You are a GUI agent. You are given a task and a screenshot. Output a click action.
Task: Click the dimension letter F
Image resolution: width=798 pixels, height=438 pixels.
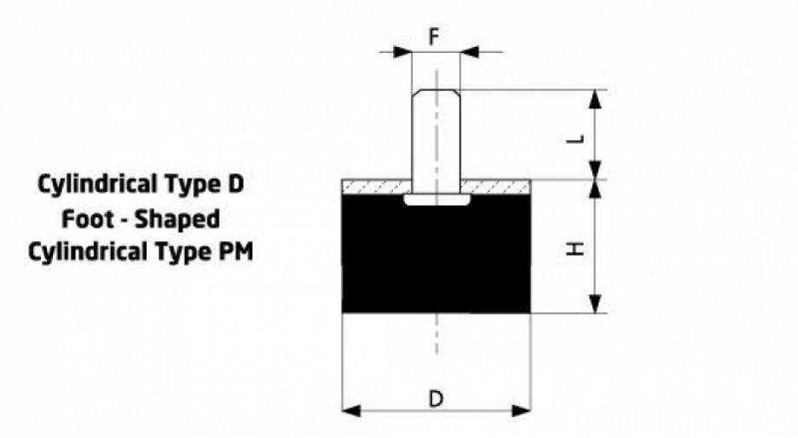click(x=434, y=37)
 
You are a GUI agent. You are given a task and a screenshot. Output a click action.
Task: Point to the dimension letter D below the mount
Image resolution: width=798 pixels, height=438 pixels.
click(x=436, y=399)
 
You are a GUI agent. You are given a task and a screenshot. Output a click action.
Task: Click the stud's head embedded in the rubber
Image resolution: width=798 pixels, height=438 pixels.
click(x=436, y=199)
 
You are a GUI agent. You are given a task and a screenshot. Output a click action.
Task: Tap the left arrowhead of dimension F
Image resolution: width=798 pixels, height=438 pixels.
click(x=402, y=51)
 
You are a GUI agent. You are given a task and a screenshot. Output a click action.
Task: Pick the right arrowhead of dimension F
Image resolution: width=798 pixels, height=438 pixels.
click(x=469, y=51)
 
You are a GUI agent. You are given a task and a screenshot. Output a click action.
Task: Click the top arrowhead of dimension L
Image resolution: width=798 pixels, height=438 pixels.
click(x=594, y=99)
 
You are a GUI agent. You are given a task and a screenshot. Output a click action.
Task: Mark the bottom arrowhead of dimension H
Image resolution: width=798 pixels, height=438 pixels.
click(x=594, y=304)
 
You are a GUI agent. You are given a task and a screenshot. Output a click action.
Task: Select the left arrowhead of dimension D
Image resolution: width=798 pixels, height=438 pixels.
click(x=351, y=410)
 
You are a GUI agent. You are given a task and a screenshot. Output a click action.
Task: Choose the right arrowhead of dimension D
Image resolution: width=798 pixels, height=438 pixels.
click(x=521, y=410)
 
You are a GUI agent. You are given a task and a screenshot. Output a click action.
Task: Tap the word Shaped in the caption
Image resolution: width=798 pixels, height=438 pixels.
click(x=177, y=219)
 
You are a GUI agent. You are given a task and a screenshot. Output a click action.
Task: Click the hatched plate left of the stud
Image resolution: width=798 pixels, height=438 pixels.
click(x=376, y=187)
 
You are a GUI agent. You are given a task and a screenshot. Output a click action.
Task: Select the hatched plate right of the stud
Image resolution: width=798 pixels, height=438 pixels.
click(x=495, y=187)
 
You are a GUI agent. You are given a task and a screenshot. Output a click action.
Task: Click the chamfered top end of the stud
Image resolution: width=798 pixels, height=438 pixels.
click(x=436, y=93)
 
